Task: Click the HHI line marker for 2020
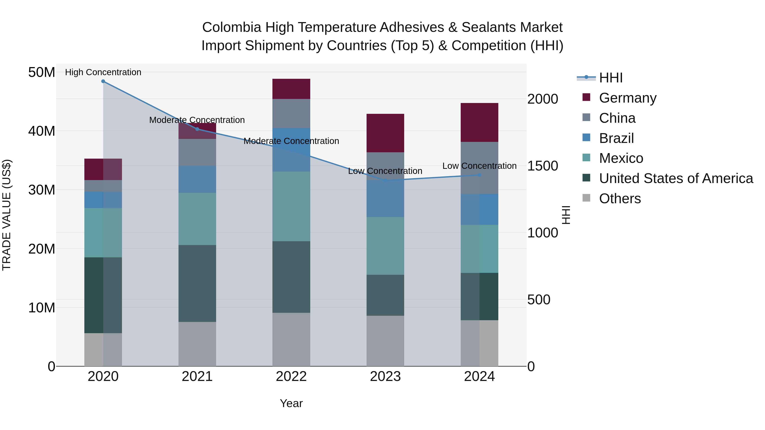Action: (x=103, y=81)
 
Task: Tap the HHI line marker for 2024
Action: (x=479, y=175)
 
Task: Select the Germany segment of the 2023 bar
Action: (x=385, y=133)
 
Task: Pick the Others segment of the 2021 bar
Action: (x=197, y=344)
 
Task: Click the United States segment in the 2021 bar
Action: (x=197, y=283)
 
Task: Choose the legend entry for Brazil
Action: (x=616, y=138)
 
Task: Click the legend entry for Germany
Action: (x=627, y=98)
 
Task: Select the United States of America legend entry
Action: (x=676, y=178)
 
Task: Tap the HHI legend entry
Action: (x=610, y=78)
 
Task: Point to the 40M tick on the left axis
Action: (x=42, y=131)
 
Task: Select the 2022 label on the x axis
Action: (x=291, y=376)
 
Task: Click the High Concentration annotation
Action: (x=103, y=72)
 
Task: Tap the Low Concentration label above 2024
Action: (x=479, y=166)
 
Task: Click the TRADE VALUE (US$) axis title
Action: (x=7, y=215)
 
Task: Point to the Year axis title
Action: (x=291, y=403)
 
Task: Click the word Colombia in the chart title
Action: (x=232, y=27)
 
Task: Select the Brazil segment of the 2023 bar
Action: (x=385, y=199)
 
